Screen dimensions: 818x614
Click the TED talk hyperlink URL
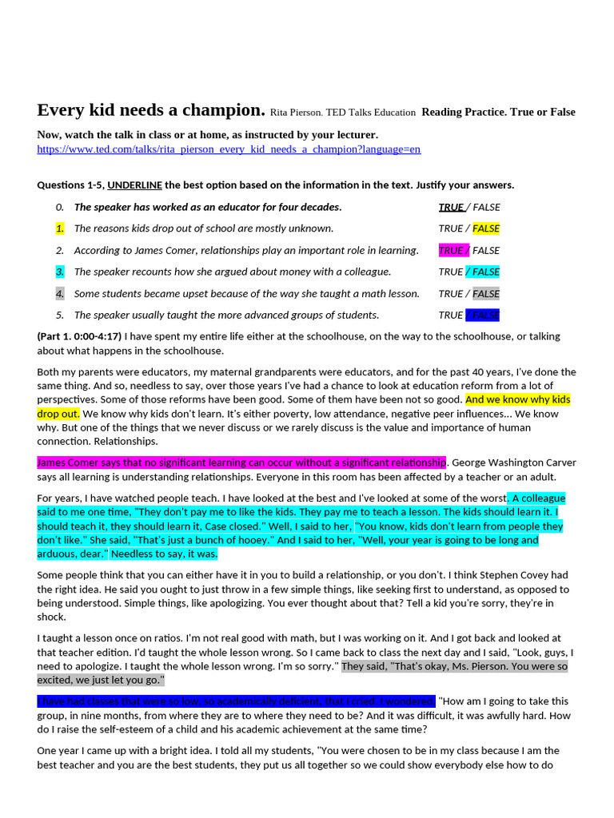[229, 149]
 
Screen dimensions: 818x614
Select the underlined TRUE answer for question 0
[450, 207]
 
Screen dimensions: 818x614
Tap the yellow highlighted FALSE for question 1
[486, 228]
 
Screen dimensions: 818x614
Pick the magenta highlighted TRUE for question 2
[451, 250]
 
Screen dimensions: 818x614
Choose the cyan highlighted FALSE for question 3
[486, 272]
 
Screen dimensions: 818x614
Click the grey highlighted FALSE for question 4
[486, 293]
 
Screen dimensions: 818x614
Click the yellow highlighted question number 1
[59, 228]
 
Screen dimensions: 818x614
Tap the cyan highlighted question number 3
[59, 272]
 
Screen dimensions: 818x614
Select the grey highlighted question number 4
[59, 293]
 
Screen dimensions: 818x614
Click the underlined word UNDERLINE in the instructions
[134, 185]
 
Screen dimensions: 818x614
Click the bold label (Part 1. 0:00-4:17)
[79, 336]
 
